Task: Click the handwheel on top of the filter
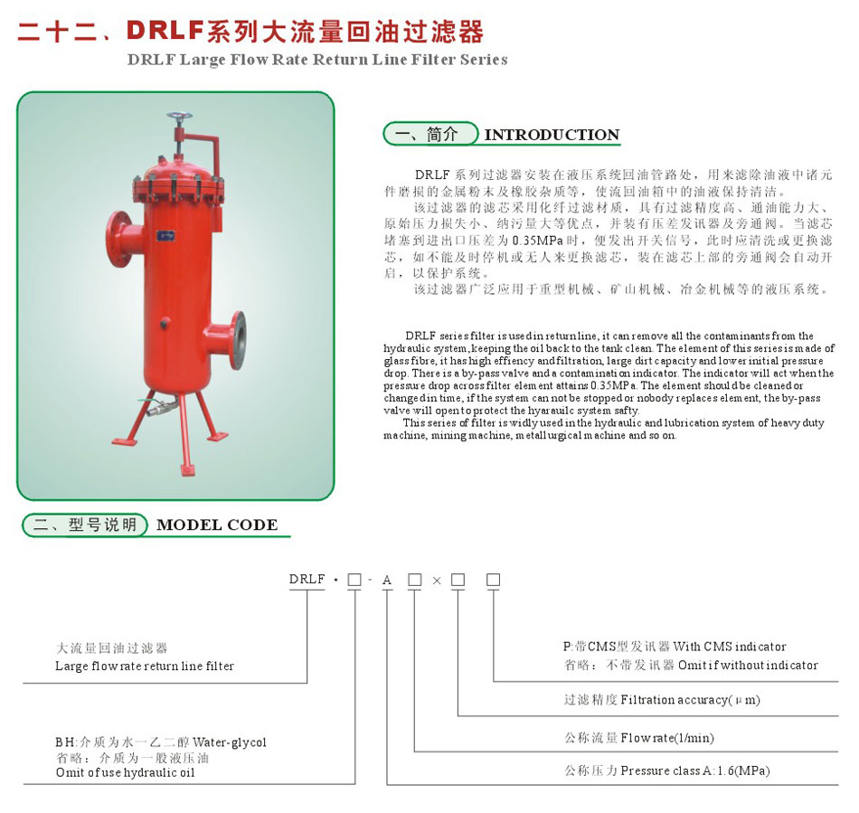pos(180,118)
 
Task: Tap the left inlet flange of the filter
pos(117,239)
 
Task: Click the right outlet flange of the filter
pos(238,340)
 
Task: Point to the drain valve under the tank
pos(159,407)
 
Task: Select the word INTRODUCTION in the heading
pos(552,135)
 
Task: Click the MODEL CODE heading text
pos(217,525)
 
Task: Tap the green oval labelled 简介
pos(430,134)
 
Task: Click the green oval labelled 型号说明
pos(85,525)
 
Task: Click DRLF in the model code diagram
pos(307,579)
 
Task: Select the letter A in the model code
pos(387,580)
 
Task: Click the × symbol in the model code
pos(437,581)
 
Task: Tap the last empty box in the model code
pos(493,580)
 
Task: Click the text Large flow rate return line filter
pos(145,666)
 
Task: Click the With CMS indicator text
pos(729,647)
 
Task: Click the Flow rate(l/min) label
pos(667,738)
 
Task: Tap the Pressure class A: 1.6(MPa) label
pos(695,770)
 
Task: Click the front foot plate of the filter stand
pos(187,469)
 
